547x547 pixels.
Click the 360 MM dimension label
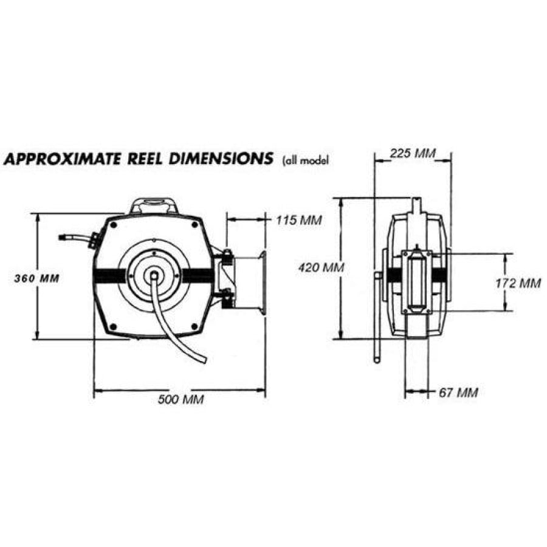tap(36, 278)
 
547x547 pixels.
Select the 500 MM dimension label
tap(181, 399)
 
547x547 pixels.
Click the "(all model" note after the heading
tap(306, 161)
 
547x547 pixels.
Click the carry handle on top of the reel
tap(153, 205)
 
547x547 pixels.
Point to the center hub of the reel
tap(154, 275)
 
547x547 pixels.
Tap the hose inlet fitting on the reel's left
tap(92, 239)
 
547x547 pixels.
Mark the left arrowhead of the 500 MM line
tap(96, 390)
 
